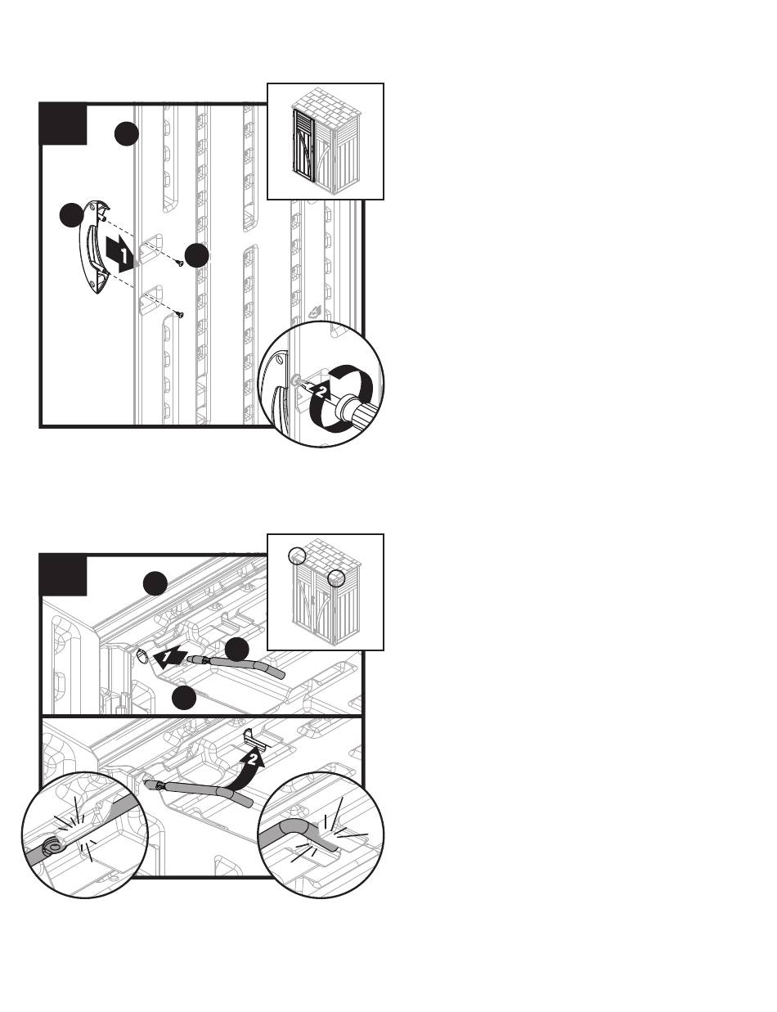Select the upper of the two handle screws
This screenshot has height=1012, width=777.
(x=178, y=263)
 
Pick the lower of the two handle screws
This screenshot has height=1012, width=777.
(x=179, y=314)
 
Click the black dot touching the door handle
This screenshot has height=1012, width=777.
(x=72, y=216)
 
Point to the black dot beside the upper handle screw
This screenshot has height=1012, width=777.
(x=197, y=255)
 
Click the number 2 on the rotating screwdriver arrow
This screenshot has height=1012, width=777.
(x=321, y=391)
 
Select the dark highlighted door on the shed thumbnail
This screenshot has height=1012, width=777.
(x=304, y=146)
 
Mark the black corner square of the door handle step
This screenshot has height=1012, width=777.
(x=63, y=124)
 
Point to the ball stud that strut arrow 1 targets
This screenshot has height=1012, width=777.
(x=143, y=655)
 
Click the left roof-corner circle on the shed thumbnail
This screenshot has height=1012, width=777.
(x=297, y=555)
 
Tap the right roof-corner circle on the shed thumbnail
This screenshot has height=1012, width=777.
(x=336, y=578)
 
